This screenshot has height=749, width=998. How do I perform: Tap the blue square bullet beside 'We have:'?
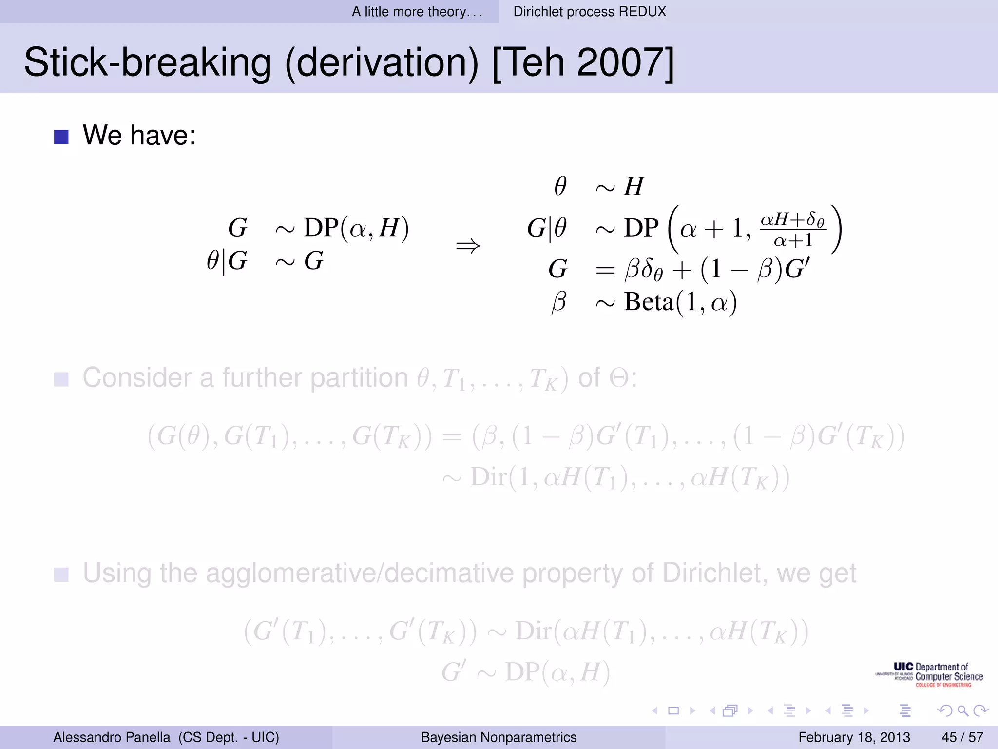pyautogui.click(x=61, y=137)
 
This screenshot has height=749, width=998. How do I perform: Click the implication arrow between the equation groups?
pyautogui.click(x=468, y=246)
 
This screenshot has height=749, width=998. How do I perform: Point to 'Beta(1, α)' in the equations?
pyautogui.click(x=680, y=302)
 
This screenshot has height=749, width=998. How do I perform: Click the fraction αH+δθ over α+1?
pyautogui.click(x=793, y=229)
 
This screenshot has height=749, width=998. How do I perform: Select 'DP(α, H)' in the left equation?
pyautogui.click(x=356, y=228)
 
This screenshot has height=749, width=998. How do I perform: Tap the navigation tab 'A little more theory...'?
pyautogui.click(x=417, y=12)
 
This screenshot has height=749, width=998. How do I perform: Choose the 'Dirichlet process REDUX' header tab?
pyautogui.click(x=590, y=12)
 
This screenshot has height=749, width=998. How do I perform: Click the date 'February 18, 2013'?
pyautogui.click(x=854, y=737)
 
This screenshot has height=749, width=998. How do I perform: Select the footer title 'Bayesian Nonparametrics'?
pyautogui.click(x=499, y=737)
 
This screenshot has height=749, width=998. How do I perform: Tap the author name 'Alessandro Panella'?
pyautogui.click(x=112, y=737)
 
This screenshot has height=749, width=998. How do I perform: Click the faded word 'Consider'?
pyautogui.click(x=137, y=378)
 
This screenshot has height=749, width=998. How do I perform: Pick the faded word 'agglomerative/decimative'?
pyautogui.click(x=360, y=573)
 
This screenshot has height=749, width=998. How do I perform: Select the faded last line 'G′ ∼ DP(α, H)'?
pyautogui.click(x=526, y=672)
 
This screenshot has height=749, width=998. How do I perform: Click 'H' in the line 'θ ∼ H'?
pyautogui.click(x=633, y=187)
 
